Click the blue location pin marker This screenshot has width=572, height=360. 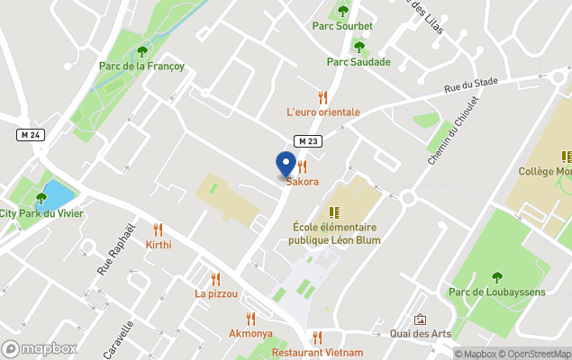286,165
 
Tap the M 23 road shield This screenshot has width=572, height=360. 308,140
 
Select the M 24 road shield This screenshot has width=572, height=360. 30,135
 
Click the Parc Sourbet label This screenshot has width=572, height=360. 342,26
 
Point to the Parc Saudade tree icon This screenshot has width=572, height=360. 359,47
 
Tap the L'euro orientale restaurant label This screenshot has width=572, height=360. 322,112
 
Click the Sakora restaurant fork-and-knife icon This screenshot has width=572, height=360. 303,166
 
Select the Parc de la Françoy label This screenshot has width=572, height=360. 141,66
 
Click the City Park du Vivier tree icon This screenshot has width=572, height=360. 41,198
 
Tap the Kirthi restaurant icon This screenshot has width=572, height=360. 159,229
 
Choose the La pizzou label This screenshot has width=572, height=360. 216,293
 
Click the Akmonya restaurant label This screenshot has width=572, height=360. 251,333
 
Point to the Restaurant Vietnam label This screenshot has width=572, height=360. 317,353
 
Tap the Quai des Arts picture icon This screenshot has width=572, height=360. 420,319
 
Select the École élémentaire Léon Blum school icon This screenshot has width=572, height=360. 334,212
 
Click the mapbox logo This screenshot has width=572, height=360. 40,348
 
